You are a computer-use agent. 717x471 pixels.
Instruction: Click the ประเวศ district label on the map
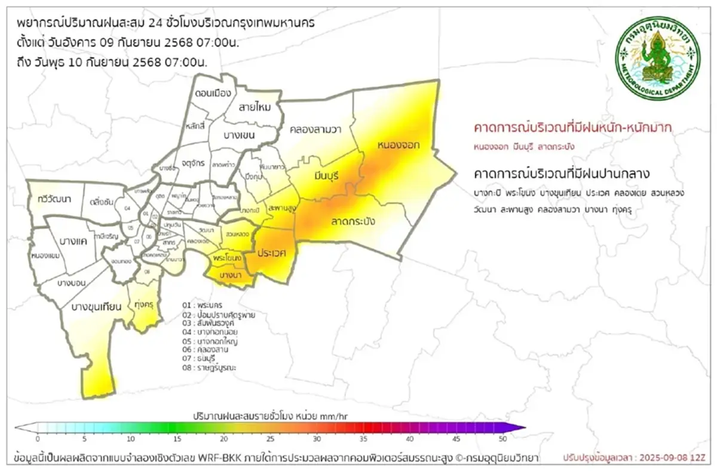pyautogui.click(x=272, y=253)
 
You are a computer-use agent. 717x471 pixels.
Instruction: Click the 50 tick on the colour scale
pyautogui.click(x=504, y=439)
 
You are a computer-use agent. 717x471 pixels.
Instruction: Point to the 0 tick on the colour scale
pyautogui.click(x=38, y=439)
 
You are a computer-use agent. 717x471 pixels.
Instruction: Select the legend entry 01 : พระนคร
pyautogui.click(x=203, y=305)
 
